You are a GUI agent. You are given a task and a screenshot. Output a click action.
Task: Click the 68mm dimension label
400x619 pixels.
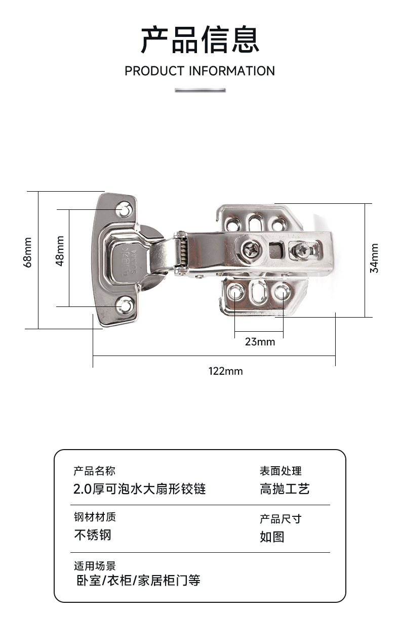28,252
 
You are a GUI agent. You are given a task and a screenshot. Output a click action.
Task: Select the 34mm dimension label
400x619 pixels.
375,258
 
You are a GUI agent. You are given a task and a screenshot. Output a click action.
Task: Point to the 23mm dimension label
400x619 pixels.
260,342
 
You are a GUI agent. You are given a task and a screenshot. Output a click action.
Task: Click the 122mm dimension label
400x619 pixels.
226,371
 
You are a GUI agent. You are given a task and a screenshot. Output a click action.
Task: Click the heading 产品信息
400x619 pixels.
199,40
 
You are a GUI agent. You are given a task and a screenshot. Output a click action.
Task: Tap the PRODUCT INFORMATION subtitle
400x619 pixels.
199,71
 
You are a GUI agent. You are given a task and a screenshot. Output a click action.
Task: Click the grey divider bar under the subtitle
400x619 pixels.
200,90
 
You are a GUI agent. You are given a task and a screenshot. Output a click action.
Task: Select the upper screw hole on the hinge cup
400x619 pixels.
124,209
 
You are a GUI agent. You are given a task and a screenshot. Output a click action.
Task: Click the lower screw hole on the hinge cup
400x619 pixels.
124,305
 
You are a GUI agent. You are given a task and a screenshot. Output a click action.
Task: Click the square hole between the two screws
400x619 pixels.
276,249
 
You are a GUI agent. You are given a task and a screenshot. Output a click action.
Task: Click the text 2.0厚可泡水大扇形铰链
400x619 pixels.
140,489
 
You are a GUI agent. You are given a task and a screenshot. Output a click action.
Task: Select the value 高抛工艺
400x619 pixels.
285,489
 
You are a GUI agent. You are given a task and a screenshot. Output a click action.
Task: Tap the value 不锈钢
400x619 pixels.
92,535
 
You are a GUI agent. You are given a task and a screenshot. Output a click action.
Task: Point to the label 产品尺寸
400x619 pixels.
281,519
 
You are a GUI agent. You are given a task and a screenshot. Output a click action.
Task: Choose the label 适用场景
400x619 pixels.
95,565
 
